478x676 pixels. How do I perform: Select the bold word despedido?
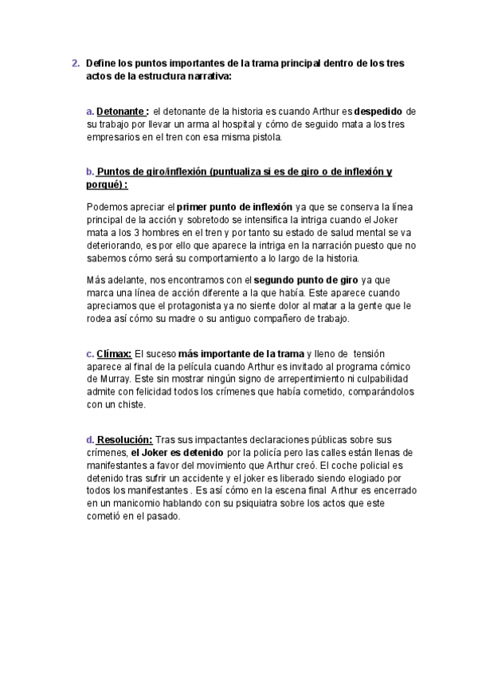click(x=379, y=112)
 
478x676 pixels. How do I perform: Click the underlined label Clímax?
click(x=115, y=354)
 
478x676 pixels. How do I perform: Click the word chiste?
click(x=130, y=404)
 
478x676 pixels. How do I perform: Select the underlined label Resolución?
click(x=125, y=440)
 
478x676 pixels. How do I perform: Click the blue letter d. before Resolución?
click(x=90, y=440)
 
